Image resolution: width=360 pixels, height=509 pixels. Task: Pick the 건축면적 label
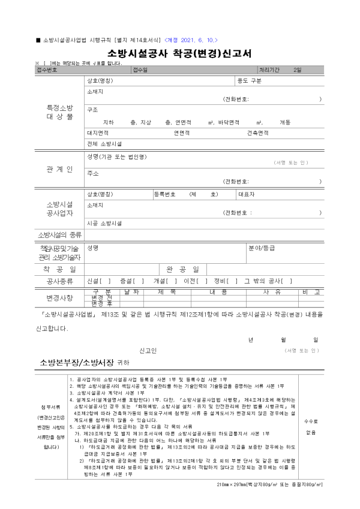coord(257,132)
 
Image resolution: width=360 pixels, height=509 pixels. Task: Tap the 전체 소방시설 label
coord(104,144)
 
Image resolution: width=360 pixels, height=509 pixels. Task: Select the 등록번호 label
coord(165,194)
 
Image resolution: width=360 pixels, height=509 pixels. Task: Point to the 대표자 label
coord(247,194)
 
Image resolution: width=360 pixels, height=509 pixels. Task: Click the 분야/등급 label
coord(261,248)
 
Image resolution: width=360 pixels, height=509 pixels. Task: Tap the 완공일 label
coord(176,269)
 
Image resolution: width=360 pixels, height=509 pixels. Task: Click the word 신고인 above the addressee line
coord(148,350)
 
